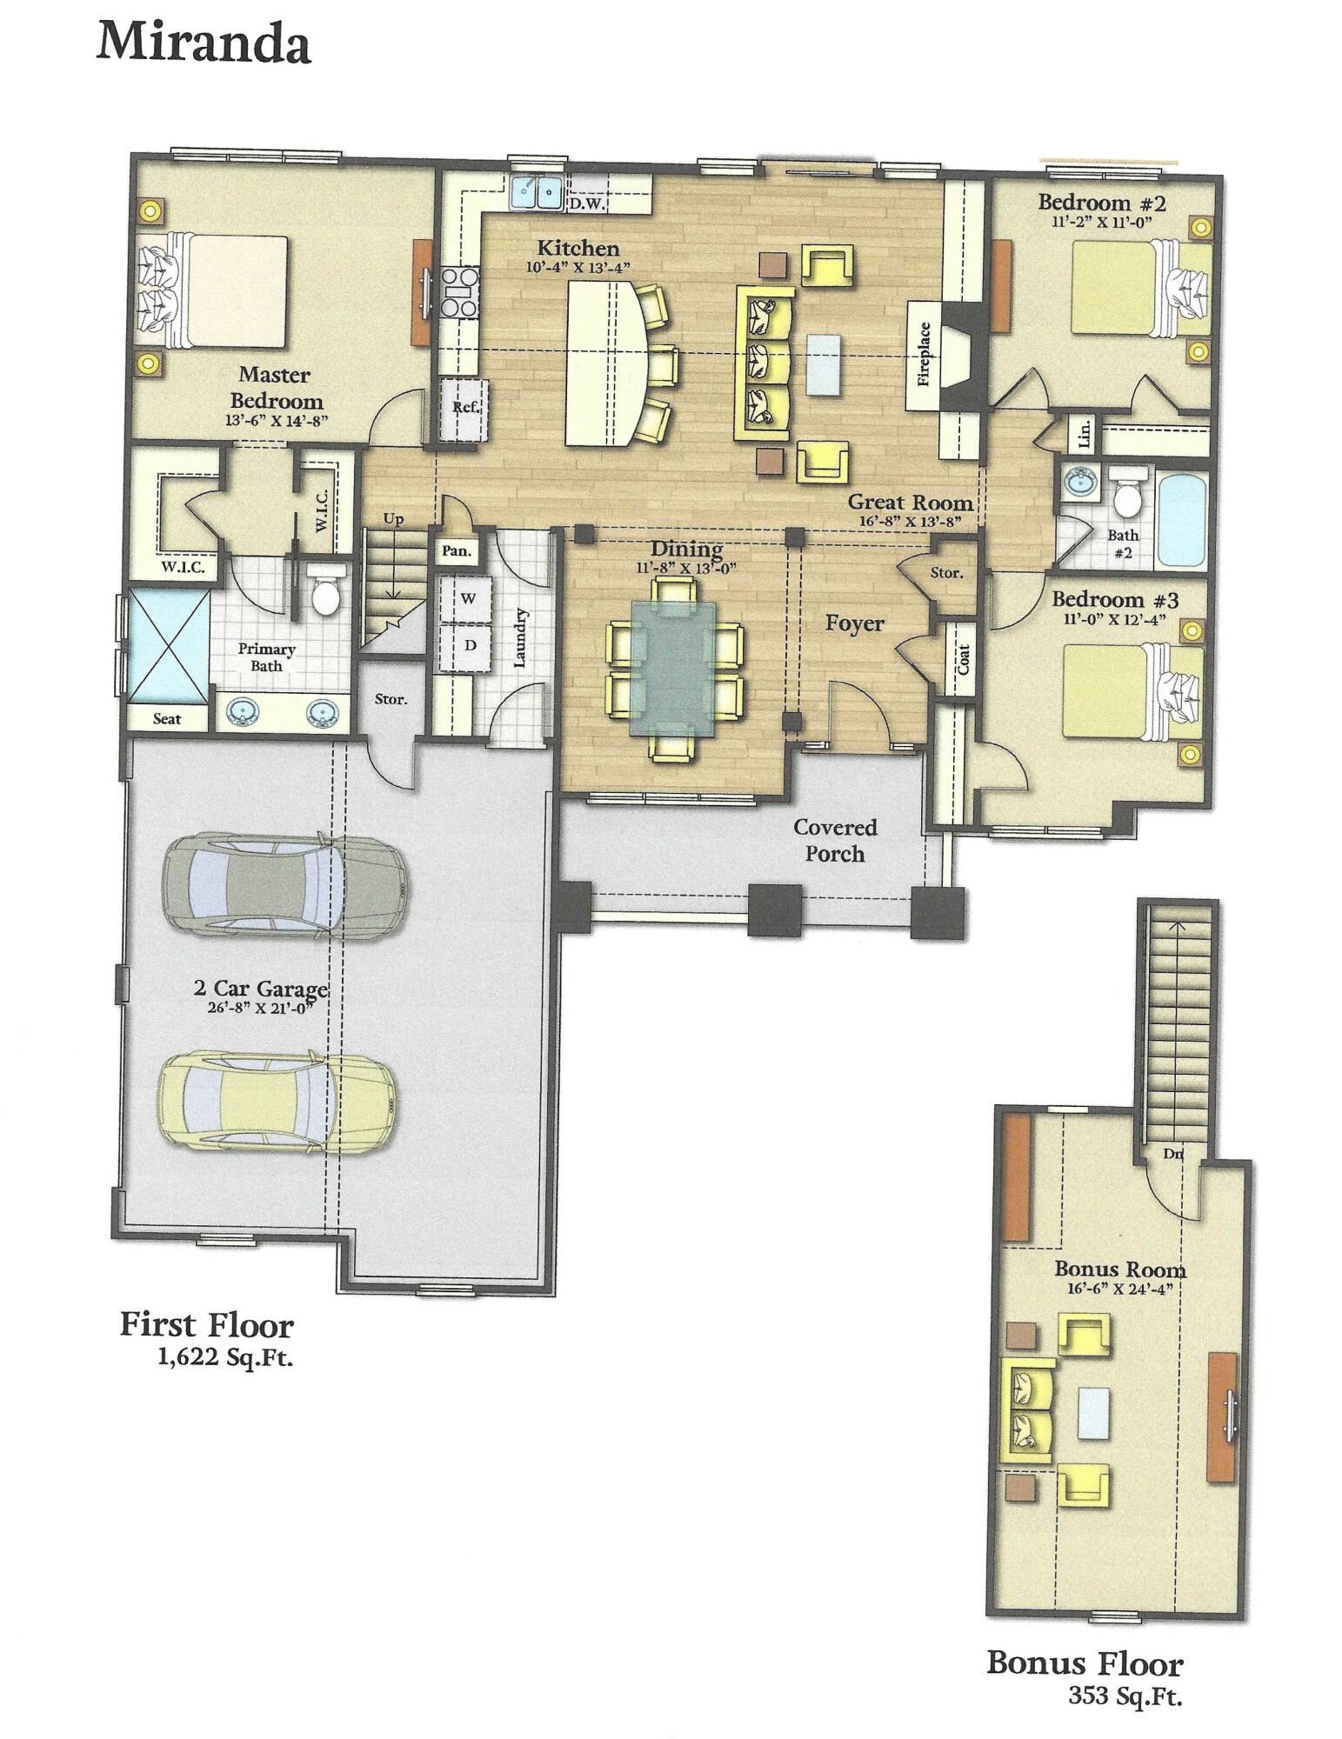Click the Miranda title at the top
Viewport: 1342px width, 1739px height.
click(203, 43)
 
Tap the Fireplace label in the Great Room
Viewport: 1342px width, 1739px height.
click(924, 354)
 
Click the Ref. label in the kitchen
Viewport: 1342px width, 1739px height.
click(465, 407)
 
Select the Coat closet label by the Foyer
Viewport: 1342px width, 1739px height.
click(963, 658)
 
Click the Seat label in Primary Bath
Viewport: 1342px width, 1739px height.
click(167, 718)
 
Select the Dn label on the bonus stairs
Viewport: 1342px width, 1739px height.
click(1172, 1155)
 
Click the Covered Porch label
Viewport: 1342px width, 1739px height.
click(834, 841)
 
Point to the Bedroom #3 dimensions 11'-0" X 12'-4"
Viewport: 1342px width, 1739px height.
click(1115, 619)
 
